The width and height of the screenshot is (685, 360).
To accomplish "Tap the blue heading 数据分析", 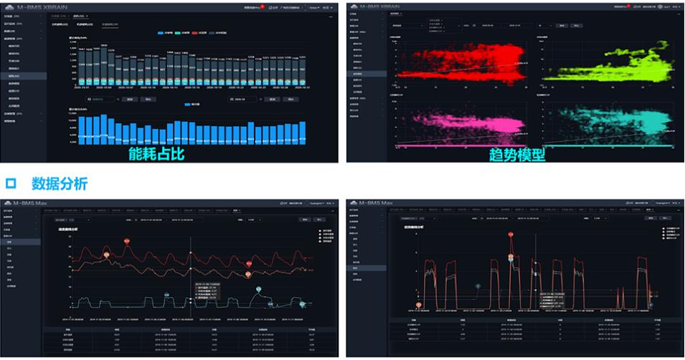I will click(x=59, y=184).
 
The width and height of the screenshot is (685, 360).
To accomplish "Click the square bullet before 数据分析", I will click(x=10, y=184).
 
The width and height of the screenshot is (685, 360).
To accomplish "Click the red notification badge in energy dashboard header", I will click(x=263, y=5).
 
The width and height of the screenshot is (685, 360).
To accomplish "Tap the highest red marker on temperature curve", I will click(x=127, y=242).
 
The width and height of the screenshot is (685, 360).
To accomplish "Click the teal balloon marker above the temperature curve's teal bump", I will click(x=259, y=290).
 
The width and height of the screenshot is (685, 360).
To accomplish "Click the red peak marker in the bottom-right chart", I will click(x=511, y=235).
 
